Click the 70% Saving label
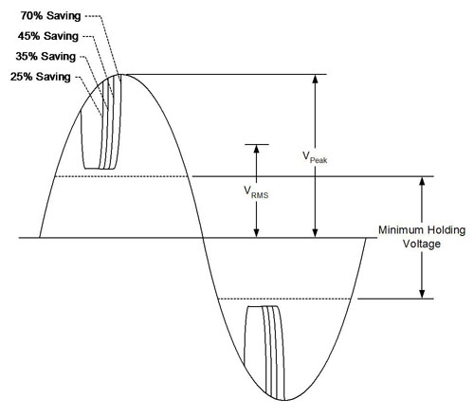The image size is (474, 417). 50,16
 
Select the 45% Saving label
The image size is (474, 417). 48,36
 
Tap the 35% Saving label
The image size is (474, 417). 46,56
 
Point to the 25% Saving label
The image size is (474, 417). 41,77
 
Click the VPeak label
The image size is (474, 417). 315,157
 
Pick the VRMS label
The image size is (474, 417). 256,192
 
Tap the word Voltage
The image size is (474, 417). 422,245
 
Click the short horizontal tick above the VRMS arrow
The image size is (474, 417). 257,144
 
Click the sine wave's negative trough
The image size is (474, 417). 285,400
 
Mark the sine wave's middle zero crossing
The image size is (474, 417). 203,237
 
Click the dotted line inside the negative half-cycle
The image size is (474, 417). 284,299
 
